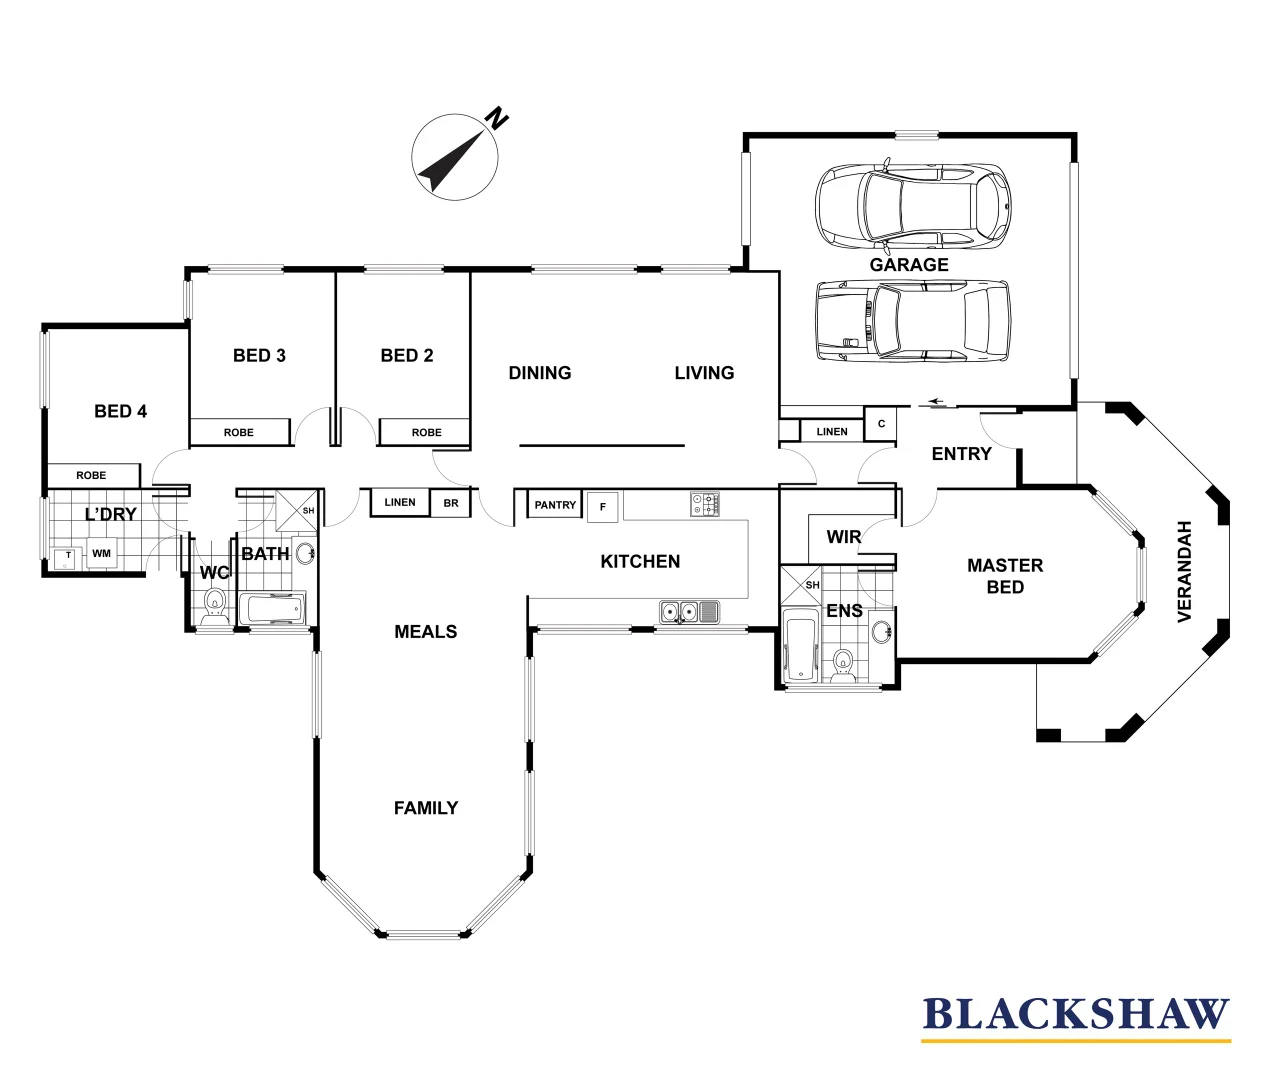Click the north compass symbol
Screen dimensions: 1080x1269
click(456, 155)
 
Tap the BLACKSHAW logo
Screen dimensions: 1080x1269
click(1075, 1014)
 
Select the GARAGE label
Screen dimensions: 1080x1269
click(908, 265)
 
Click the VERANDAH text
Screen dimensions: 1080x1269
click(1185, 571)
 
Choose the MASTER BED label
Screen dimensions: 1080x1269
click(1004, 576)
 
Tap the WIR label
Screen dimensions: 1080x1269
click(843, 537)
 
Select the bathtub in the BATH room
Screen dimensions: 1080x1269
click(272, 608)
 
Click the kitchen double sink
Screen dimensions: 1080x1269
click(679, 610)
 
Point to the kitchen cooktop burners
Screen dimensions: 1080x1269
click(704, 504)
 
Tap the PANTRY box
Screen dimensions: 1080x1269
click(555, 505)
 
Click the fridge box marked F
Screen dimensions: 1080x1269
click(602, 507)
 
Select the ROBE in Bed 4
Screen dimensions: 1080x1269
click(91, 475)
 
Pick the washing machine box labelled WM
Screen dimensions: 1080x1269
click(101, 553)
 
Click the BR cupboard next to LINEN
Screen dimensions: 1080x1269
click(451, 503)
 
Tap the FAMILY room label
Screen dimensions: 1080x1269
click(425, 808)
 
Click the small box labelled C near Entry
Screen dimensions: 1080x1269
click(880, 424)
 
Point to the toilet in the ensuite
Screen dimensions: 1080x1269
click(843, 664)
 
